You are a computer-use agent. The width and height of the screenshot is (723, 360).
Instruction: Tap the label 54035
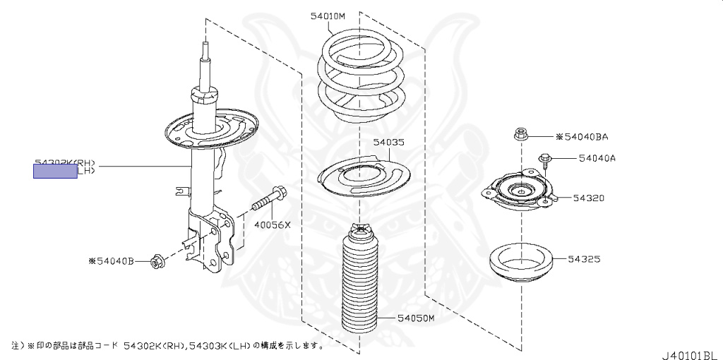click(389, 142)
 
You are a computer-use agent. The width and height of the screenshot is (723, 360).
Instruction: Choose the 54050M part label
click(415, 319)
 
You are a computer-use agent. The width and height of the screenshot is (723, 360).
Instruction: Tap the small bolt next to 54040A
click(545, 161)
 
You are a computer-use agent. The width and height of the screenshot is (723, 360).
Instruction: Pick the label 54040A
click(597, 158)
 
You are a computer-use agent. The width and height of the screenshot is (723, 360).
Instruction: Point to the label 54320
click(588, 198)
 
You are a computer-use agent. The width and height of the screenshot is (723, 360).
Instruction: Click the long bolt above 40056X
click(268, 201)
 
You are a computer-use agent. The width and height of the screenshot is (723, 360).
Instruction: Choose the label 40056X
click(273, 225)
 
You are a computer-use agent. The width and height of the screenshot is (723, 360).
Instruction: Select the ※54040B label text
click(111, 261)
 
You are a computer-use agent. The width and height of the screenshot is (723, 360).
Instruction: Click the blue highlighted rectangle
click(55, 170)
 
